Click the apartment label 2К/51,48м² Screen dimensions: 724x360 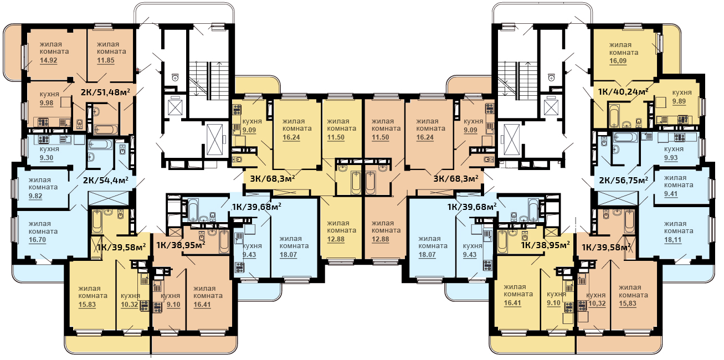pyautogui.click(x=105, y=92)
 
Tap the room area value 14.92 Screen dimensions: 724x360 pyautogui.click(x=49, y=60)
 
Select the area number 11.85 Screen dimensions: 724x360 pyautogui.click(x=106, y=60)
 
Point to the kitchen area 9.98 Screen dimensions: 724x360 pyautogui.click(x=47, y=103)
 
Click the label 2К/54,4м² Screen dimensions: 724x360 pyautogui.click(x=106, y=180)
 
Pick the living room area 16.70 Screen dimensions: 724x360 pyautogui.click(x=37, y=240)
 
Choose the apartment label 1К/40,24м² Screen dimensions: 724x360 pyautogui.click(x=623, y=92)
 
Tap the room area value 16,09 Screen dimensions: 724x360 pyautogui.click(x=618, y=61)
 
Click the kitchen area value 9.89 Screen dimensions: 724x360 pyautogui.click(x=679, y=101)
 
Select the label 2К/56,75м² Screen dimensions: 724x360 pyautogui.click(x=624, y=181)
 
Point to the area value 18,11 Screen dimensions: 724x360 pyautogui.click(x=672, y=240)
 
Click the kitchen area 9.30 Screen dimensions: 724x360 pyautogui.click(x=47, y=158)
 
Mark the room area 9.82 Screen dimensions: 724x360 pyautogui.click(x=35, y=196)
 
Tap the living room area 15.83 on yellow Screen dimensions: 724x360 pyautogui.click(x=87, y=305)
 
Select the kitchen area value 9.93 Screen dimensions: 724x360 pyautogui.click(x=671, y=158)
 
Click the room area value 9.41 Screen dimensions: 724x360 pyautogui.click(x=671, y=194)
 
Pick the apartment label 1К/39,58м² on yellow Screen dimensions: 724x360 pyautogui.click(x=121, y=247)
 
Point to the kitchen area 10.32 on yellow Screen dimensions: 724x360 pyautogui.click(x=129, y=305)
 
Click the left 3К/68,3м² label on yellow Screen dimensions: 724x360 pyautogui.click(x=273, y=178)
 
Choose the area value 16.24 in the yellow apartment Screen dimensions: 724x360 pyautogui.click(x=291, y=137)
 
